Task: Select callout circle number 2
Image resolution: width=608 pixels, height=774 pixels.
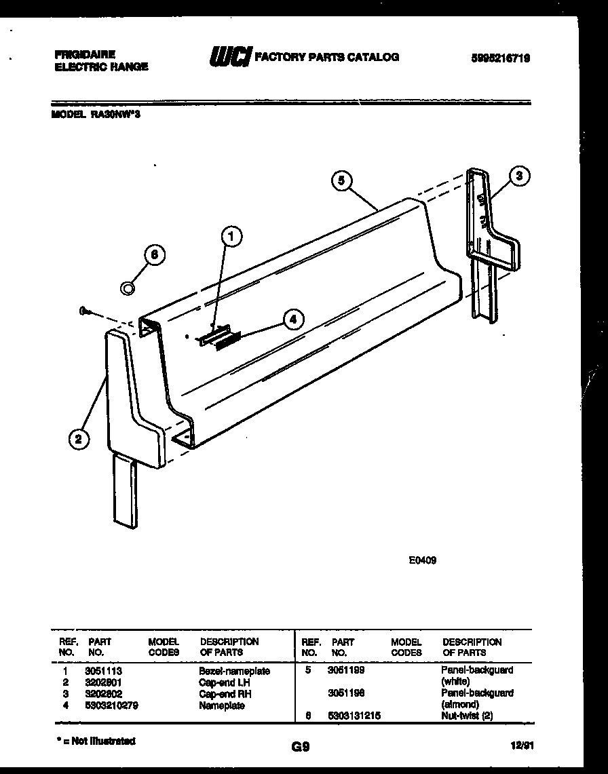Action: tap(79, 439)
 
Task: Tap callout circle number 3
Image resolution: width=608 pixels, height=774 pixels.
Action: tap(519, 176)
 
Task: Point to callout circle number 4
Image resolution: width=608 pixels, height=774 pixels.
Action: tap(292, 319)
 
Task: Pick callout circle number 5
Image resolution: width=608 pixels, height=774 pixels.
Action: tap(342, 180)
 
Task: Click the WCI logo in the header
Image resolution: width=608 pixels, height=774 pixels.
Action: tap(229, 57)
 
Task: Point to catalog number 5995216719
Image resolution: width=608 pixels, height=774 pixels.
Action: tap(500, 59)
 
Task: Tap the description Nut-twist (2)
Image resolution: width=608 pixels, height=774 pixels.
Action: tap(466, 716)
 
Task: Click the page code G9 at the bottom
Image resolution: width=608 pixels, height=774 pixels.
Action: tap(301, 747)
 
